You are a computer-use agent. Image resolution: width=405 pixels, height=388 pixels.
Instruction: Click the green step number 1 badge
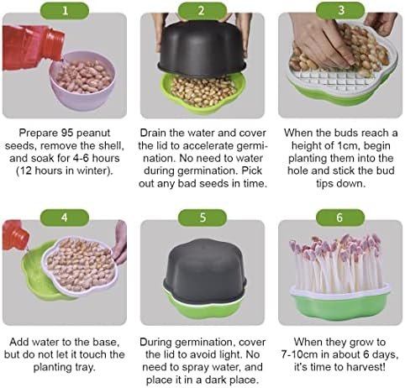pyautogui.click(x=65, y=11)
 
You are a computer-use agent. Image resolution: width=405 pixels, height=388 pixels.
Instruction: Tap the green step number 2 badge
pyautogui.click(x=202, y=11)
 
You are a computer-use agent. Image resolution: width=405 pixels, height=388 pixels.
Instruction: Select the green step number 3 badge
pyautogui.click(x=340, y=11)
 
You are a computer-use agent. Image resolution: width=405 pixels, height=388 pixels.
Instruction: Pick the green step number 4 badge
pyautogui.click(x=65, y=218)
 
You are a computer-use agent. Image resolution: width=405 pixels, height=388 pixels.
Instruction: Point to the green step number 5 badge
pyautogui.click(x=202, y=218)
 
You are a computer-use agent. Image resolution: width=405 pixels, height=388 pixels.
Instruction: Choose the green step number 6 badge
pyautogui.click(x=340, y=218)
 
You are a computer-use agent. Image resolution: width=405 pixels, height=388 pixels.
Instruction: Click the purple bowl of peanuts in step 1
pyautogui.click(x=82, y=81)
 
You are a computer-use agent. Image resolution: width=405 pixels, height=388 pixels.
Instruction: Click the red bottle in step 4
pyautogui.click(x=15, y=235)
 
